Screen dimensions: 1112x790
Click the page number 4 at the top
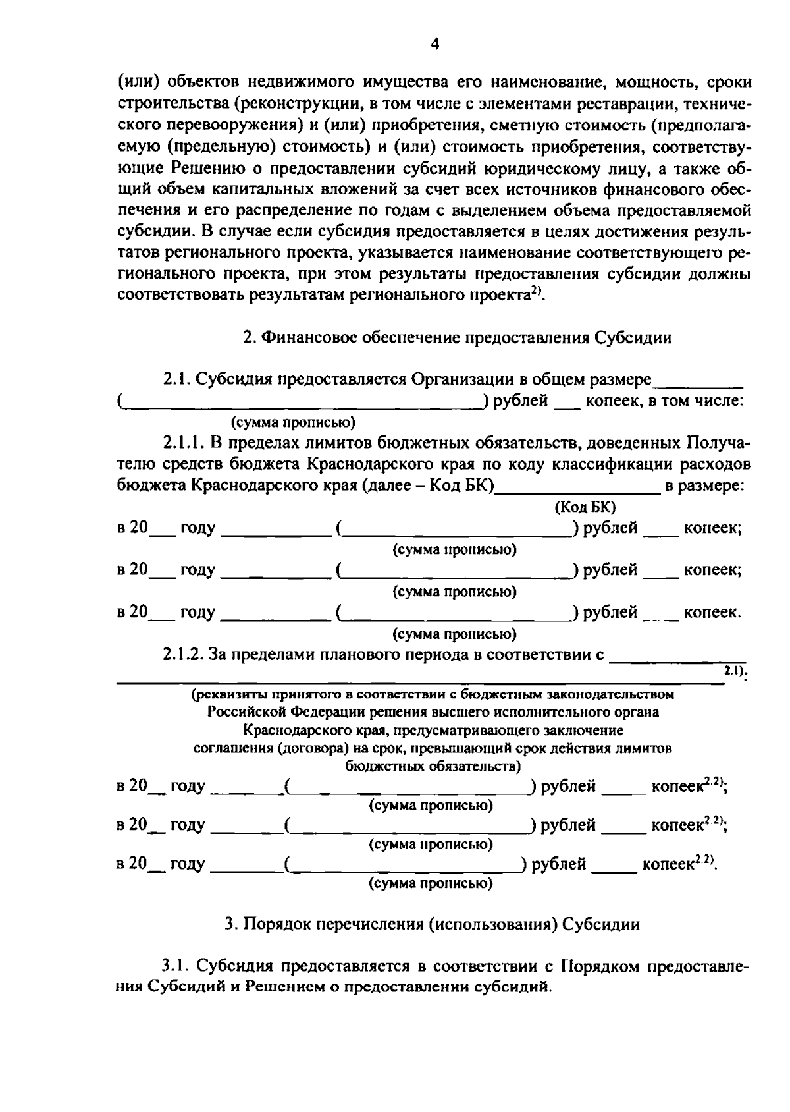point(434,44)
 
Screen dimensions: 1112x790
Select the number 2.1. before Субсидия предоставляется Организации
point(178,380)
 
